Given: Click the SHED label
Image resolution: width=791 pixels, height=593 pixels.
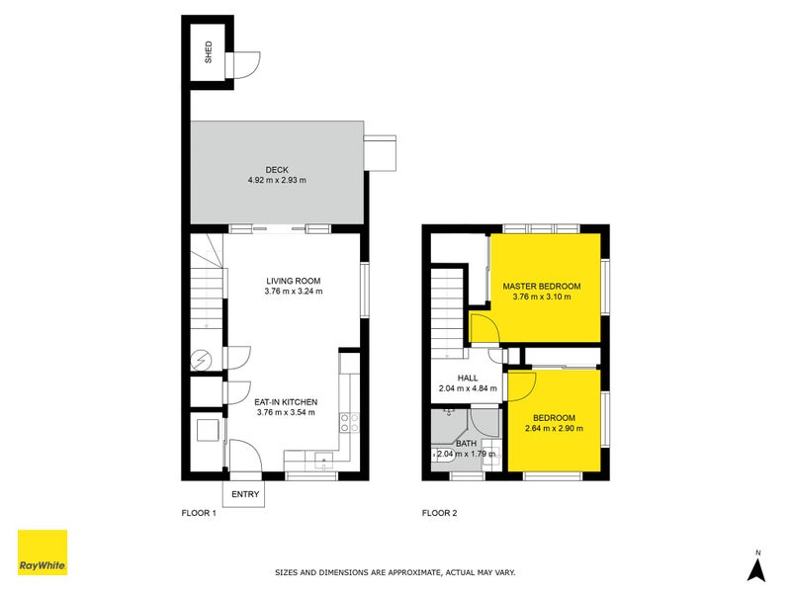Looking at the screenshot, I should [209, 51].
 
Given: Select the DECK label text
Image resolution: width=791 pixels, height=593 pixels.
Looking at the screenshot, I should [277, 169].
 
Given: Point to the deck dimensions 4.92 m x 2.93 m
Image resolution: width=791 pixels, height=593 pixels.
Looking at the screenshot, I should [277, 181].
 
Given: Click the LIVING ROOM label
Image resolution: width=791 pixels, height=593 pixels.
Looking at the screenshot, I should [294, 280].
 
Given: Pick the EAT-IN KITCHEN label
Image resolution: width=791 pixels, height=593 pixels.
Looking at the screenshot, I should [286, 401].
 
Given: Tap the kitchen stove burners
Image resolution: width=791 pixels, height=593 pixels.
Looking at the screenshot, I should [349, 423].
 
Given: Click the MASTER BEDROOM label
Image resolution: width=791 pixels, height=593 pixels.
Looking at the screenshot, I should [541, 286].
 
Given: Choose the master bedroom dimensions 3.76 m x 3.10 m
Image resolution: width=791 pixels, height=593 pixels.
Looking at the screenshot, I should [541, 296].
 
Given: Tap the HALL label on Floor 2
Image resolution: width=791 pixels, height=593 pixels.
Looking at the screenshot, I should [468, 378].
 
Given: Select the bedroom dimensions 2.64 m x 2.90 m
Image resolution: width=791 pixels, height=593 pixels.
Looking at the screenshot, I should [554, 428].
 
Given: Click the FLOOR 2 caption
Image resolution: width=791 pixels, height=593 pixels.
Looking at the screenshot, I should [439, 513].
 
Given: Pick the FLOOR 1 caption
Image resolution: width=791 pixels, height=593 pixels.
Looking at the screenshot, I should [199, 513].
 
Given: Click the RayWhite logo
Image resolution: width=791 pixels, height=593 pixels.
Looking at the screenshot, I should [43, 552].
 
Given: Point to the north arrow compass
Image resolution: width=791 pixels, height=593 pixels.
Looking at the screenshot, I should [756, 567].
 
